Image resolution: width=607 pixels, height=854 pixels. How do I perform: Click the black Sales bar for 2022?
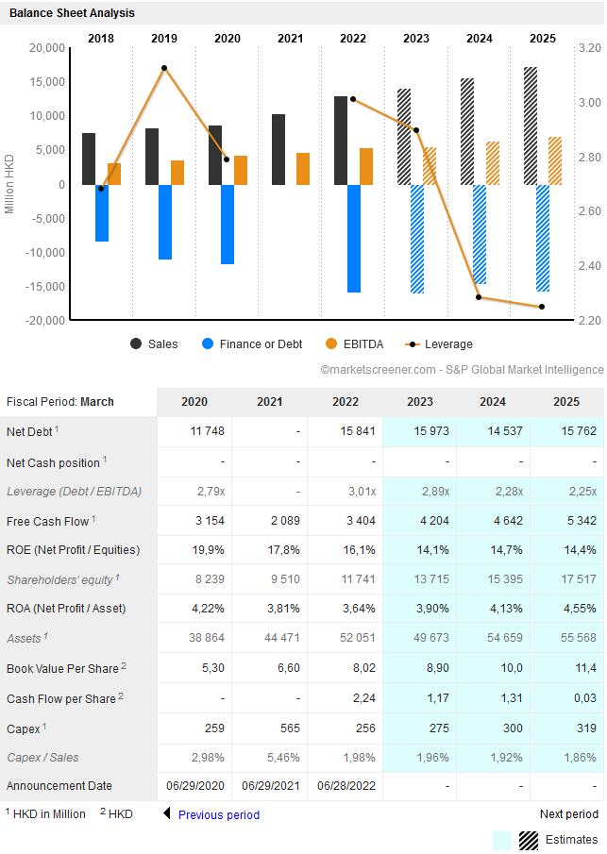point(341,140)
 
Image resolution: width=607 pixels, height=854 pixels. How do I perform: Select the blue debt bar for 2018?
point(102,212)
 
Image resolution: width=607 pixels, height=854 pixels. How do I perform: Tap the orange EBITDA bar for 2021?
point(303,169)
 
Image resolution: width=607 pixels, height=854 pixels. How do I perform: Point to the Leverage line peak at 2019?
point(164,68)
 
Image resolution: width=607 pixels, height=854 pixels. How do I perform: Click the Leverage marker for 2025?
point(542,307)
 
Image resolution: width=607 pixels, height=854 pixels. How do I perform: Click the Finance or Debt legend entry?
point(251,344)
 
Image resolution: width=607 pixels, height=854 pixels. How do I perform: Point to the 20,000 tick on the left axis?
point(47,47)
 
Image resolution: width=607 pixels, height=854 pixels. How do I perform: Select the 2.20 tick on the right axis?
point(589,321)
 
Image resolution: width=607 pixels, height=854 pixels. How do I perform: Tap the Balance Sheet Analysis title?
point(72,13)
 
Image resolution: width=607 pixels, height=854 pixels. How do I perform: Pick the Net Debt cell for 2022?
point(346,431)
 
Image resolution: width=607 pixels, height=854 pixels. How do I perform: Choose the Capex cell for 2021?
point(270,729)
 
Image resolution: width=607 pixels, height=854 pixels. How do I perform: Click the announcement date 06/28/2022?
point(346,786)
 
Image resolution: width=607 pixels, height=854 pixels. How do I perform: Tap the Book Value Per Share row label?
point(63,669)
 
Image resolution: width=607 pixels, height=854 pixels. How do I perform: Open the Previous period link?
point(218,815)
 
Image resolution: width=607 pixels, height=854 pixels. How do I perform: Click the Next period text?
point(568,814)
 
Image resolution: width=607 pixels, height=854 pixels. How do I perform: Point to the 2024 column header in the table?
point(492,402)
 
